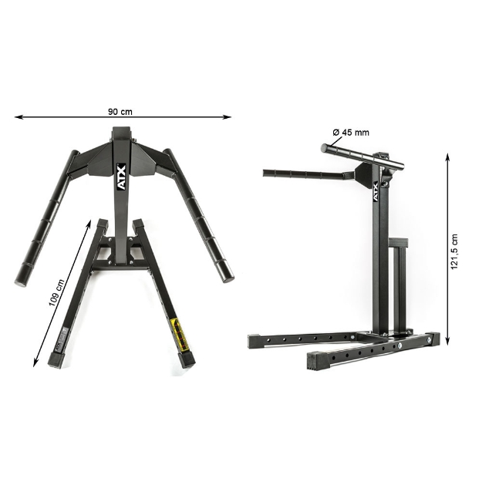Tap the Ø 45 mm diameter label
pos(351,132)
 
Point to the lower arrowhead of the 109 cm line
pos(36,362)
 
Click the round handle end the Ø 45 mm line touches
pos(323,147)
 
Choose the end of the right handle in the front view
pos(223,271)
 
